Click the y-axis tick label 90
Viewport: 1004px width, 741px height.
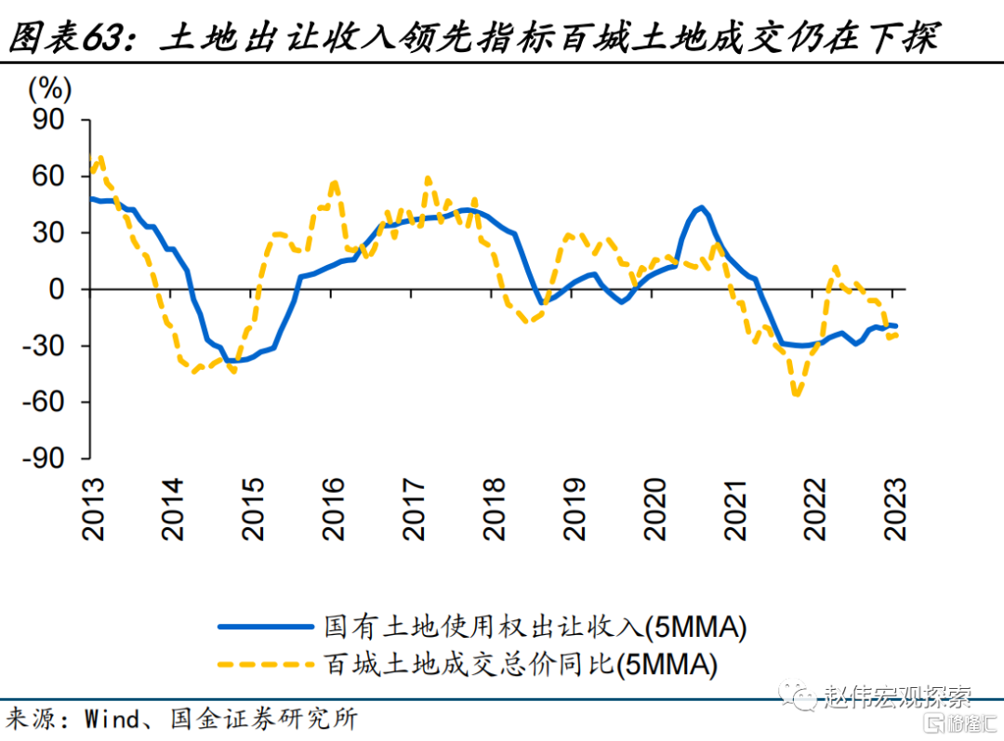coord(50,119)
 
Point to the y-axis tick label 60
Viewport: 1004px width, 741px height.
coord(50,176)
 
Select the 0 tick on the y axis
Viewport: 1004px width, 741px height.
coord(59,289)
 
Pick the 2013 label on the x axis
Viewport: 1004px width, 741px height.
coord(93,509)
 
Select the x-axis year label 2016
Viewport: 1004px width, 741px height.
coord(332,509)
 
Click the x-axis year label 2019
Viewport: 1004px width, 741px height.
coord(575,509)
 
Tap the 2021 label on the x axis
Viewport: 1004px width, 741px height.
coord(736,509)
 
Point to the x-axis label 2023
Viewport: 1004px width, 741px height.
coord(897,509)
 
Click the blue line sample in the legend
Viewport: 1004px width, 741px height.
coord(265,627)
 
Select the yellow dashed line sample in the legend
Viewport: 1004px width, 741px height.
coord(265,664)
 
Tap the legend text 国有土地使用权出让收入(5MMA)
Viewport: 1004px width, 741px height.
coord(535,627)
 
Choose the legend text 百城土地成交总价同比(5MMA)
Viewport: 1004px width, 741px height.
coord(521,664)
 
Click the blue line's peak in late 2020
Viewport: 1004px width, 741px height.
coord(701,207)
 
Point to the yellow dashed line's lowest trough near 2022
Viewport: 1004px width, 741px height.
coord(796,395)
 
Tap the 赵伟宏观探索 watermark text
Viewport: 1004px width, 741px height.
coord(897,695)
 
